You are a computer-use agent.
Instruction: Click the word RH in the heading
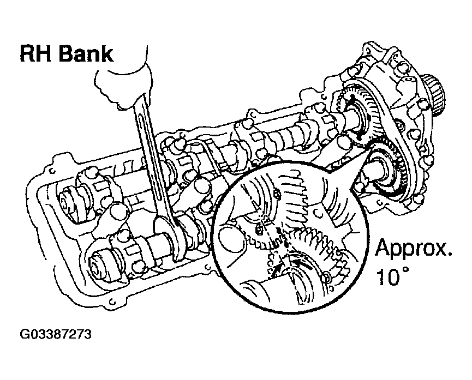pyautogui.click(x=37, y=55)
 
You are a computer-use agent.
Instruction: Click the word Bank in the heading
pyautogui.click(x=85, y=55)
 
